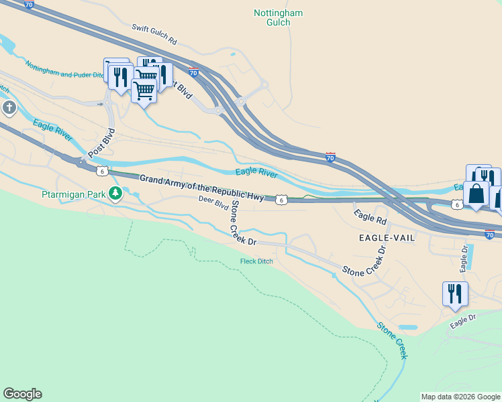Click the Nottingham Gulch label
pos(279,17)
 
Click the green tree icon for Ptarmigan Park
pos(116,194)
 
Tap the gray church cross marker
pos(9,107)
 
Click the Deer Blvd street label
pos(213,202)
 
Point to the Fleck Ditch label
pos(256,261)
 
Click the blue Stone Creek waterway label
pos(393,340)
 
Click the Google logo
pos(22,394)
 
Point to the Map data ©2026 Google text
pos(460,397)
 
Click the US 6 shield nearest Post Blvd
pos(101,171)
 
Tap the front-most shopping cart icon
pos(144,90)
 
